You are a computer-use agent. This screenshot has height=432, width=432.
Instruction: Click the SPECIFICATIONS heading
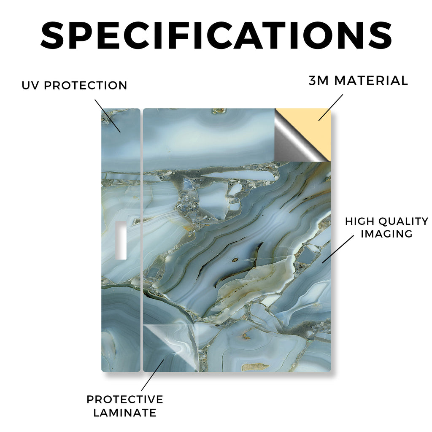pyautogui.click(x=216, y=35)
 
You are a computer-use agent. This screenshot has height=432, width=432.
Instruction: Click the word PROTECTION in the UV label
pyautogui.click(x=85, y=85)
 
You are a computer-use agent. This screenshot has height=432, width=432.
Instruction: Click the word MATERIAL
pyautogui.click(x=371, y=81)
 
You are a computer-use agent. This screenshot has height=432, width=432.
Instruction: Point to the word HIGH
pyautogui.click(x=359, y=221)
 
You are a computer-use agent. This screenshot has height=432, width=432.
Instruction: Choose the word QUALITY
pyautogui.click(x=403, y=221)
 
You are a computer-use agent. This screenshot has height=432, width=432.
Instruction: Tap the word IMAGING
pyautogui.click(x=386, y=234)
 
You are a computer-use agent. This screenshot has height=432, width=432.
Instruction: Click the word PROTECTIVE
pyautogui.click(x=125, y=400)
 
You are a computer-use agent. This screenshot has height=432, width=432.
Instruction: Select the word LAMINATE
pyautogui.click(x=125, y=413)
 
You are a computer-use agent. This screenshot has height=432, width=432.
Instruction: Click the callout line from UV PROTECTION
pyautogui.click(x=108, y=116)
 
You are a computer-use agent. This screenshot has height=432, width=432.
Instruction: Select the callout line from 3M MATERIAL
pyautogui.click(x=331, y=108)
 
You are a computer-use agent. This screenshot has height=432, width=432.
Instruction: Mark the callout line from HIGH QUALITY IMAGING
pyautogui.click(x=338, y=249)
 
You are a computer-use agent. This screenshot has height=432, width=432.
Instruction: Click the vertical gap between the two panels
pyautogui.click(x=142, y=240)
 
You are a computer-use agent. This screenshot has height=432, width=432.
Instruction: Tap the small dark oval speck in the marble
pyautogui.click(x=235, y=260)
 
